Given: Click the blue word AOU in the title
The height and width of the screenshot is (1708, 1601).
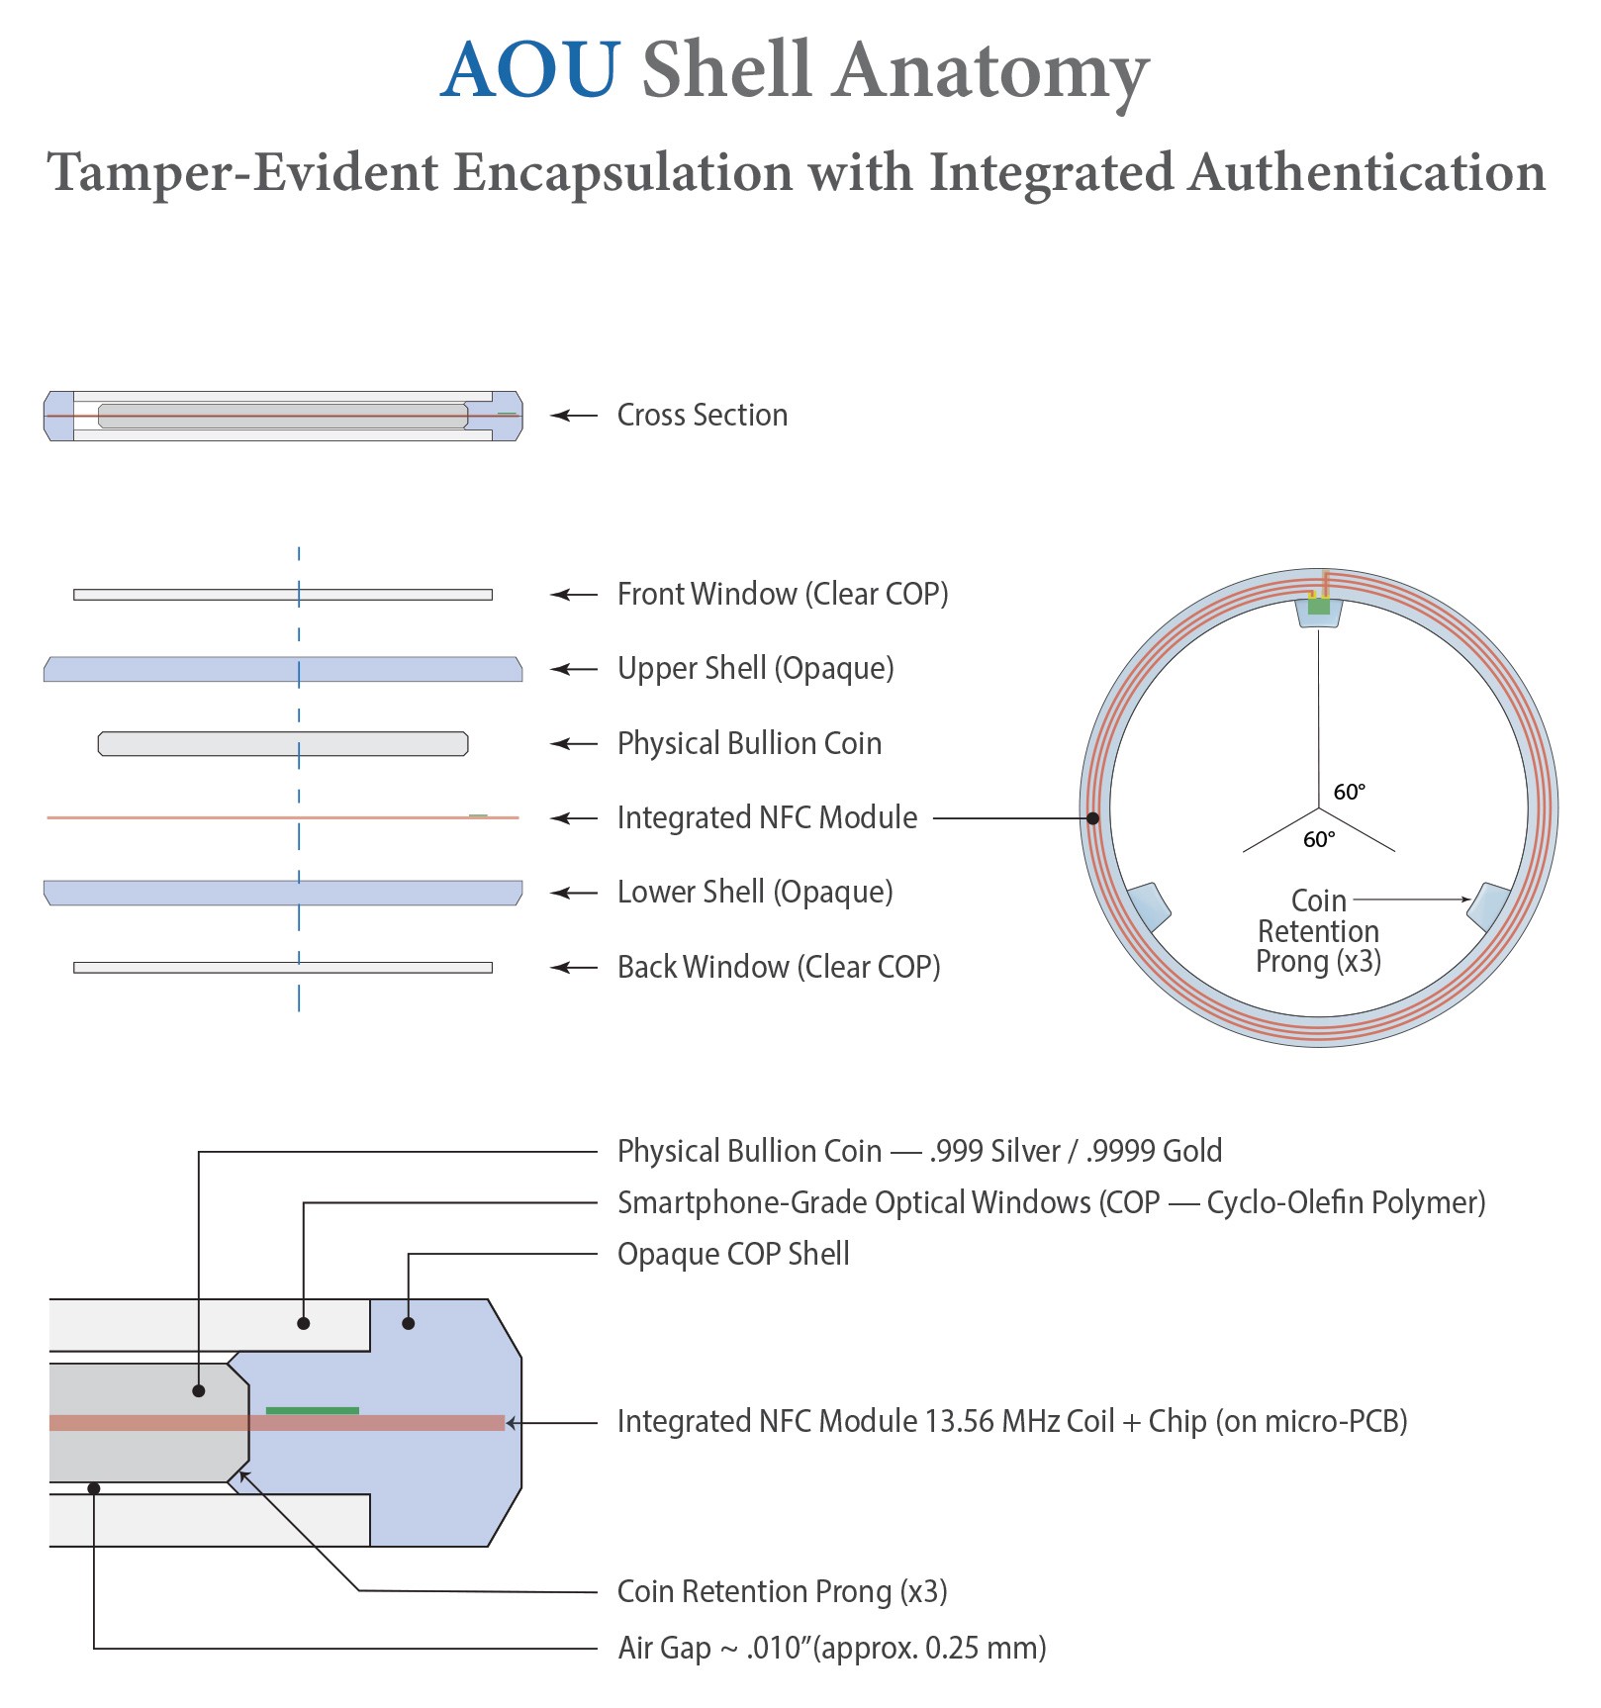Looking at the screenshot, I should tap(530, 71).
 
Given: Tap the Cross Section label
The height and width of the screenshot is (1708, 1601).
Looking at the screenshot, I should tap(702, 416).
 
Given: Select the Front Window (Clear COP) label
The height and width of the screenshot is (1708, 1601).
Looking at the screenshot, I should tap(782, 595).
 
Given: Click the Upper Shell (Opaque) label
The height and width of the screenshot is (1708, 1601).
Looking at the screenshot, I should tap(755, 669).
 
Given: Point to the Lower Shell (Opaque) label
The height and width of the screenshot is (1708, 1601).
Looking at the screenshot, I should tap(755, 893).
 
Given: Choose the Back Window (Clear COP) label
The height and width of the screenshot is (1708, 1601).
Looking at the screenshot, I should tap(778, 968).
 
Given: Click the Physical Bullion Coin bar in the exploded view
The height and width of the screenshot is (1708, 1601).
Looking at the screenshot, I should tap(283, 744).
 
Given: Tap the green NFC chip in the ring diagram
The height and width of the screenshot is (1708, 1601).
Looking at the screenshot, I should tap(1318, 606).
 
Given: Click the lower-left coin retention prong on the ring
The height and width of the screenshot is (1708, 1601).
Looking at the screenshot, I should tap(1149, 906).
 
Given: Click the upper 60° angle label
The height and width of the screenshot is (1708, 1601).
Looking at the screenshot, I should tap(1349, 792).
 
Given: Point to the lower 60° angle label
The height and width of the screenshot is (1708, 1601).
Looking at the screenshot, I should tap(1319, 840).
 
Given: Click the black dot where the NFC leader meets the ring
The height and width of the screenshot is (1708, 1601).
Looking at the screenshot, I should tap(1092, 818).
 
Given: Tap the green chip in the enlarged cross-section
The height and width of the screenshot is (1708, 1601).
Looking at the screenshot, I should tap(313, 1410).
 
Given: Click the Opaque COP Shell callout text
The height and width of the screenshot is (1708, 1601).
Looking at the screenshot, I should tap(733, 1255).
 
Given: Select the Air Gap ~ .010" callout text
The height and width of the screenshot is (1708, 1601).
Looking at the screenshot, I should tap(831, 1649).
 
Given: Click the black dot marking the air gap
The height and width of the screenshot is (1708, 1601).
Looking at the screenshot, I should tap(94, 1488).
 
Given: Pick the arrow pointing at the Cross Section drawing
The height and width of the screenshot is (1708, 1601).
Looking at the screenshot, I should tap(573, 416).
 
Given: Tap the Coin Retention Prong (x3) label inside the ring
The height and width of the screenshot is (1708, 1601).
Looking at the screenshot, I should tap(1318, 931).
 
